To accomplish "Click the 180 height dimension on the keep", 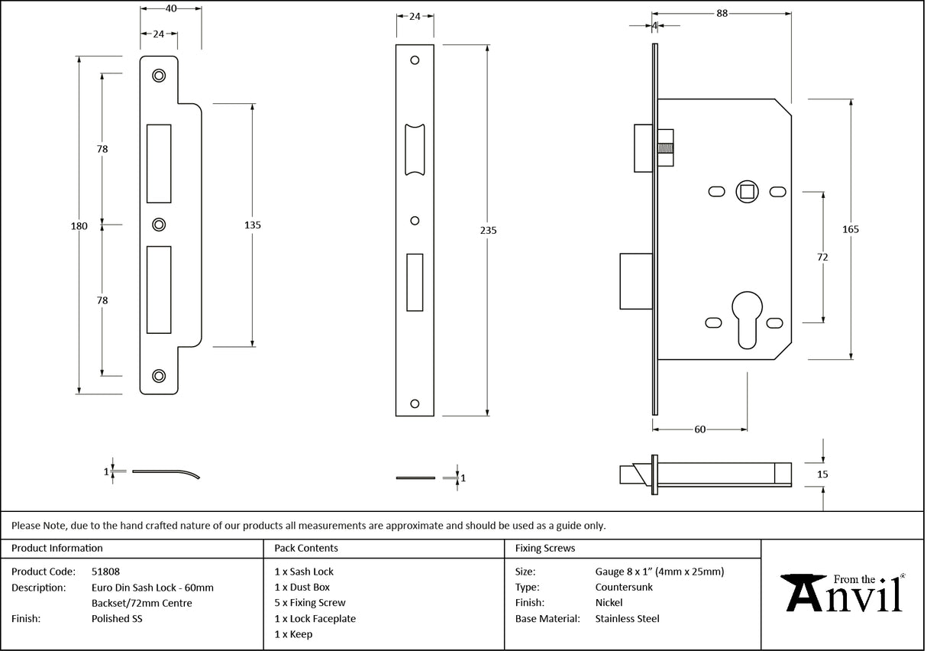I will (79, 225).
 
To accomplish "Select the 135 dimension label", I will (253, 225).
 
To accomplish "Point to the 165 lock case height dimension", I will (851, 229).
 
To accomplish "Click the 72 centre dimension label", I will (822, 257).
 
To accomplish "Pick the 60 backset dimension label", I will (699, 429).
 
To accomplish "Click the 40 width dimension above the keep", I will (171, 8).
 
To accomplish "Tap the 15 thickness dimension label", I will (822, 474).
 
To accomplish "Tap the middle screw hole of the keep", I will (159, 224).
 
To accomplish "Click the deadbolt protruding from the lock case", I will (635, 281).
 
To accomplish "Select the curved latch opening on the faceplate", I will (415, 149).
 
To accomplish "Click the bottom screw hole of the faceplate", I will (415, 403).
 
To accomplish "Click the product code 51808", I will (105, 572).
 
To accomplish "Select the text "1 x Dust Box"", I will (302, 588).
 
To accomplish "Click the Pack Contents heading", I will (305, 548).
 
